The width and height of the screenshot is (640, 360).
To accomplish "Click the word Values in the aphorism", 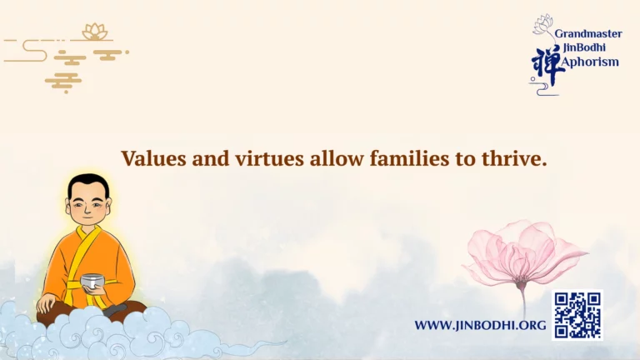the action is (x=153, y=158).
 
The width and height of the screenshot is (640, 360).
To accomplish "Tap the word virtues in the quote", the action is (x=269, y=158).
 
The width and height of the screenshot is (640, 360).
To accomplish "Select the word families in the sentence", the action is (x=409, y=158).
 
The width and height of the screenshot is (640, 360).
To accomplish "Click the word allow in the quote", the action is (x=337, y=158).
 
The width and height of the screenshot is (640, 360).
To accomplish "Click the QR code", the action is (x=577, y=315).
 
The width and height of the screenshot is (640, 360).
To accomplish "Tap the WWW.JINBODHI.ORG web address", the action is (x=480, y=325).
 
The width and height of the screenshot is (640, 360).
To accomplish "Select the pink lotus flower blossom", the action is (x=524, y=252).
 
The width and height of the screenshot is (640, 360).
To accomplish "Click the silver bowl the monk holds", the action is (x=92, y=282).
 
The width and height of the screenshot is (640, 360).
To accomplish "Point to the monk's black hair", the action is (x=88, y=184).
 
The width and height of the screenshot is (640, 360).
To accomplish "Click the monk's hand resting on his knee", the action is (x=47, y=302).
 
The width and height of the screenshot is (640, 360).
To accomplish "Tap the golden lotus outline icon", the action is (x=95, y=32).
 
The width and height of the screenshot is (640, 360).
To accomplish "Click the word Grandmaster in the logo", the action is (x=588, y=34).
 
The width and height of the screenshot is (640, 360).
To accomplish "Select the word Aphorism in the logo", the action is (x=589, y=62).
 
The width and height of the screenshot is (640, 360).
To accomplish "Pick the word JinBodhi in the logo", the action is (x=584, y=47).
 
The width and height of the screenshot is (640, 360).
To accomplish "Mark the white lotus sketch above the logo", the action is (x=542, y=23).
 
